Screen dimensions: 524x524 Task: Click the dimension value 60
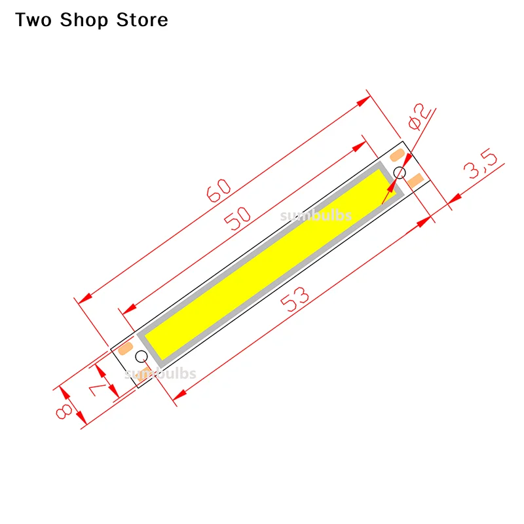[x=219, y=191]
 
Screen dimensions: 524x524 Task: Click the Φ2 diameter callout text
[x=419, y=117]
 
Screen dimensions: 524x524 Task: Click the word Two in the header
[x=35, y=20]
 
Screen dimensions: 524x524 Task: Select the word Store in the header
[x=142, y=20]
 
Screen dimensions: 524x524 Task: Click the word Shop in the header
[x=85, y=20]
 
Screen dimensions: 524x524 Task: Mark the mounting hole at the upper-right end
[x=399, y=172]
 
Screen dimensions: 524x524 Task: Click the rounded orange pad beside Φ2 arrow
[x=398, y=155]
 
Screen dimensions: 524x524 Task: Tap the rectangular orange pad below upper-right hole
[x=416, y=178]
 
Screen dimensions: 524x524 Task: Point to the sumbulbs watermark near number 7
[x=160, y=373]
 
